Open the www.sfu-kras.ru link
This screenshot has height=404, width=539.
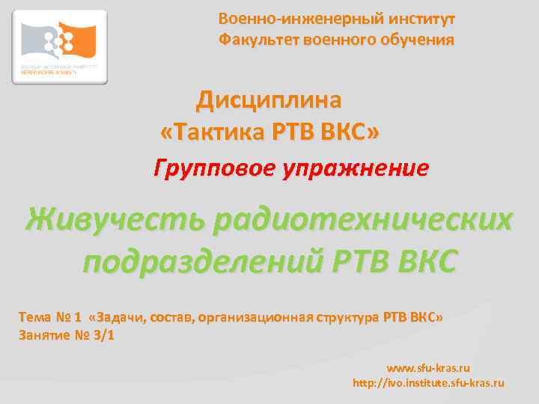[x=427, y=368]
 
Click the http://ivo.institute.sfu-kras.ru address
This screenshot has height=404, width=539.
[x=428, y=382]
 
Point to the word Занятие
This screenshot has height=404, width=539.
[x=43, y=334]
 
